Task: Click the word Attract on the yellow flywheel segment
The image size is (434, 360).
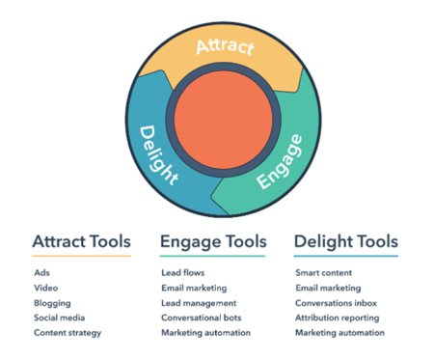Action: pyautogui.click(x=225, y=47)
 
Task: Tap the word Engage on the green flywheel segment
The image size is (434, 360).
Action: pyautogui.click(x=280, y=161)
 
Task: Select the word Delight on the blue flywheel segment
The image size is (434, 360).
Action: pyautogui.click(x=158, y=155)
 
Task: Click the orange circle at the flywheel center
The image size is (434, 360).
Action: pyautogui.click(x=224, y=120)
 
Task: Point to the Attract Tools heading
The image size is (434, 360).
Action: pyautogui.click(x=82, y=241)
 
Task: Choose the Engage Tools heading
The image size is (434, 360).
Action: pyautogui.click(x=213, y=242)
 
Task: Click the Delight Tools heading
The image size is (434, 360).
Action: pyautogui.click(x=346, y=242)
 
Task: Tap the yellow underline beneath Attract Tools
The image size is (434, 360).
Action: pyautogui.click(x=82, y=256)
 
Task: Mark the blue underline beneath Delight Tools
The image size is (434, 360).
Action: pyautogui.click(x=346, y=256)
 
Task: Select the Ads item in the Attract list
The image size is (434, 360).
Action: pyautogui.click(x=41, y=273)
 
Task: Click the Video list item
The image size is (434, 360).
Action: pyautogui.click(x=46, y=288)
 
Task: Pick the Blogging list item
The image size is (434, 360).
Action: pyautogui.click(x=52, y=303)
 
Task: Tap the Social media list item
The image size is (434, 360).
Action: pyautogui.click(x=60, y=318)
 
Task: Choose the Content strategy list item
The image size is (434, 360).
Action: pyautogui.click(x=68, y=333)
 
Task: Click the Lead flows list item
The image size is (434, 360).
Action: pyautogui.click(x=183, y=273)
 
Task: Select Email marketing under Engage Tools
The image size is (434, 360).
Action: pyautogui.click(x=194, y=288)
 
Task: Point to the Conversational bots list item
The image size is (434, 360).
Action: pyautogui.click(x=202, y=318)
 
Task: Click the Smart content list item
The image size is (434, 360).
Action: pyautogui.click(x=324, y=273)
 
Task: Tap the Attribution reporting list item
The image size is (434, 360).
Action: pyautogui.click(x=338, y=318)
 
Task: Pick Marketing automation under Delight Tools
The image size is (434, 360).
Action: pyautogui.click(x=339, y=333)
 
